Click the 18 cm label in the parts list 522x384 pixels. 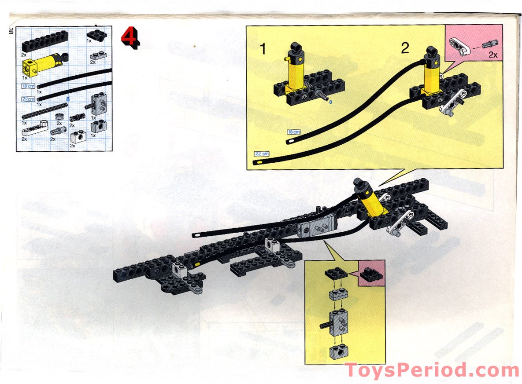click(x=28, y=86)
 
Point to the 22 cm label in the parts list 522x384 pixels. click(x=28, y=99)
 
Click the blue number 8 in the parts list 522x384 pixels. click(x=68, y=99)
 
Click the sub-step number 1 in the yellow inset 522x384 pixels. click(x=263, y=49)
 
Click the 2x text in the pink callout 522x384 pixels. click(x=492, y=55)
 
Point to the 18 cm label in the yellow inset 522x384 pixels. click(x=293, y=132)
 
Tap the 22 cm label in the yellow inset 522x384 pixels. click(x=261, y=154)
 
